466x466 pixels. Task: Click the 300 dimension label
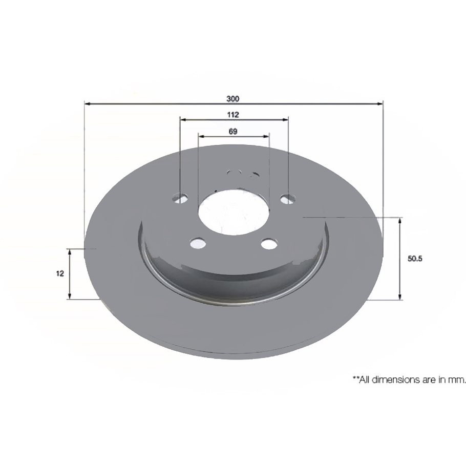(x=233, y=98)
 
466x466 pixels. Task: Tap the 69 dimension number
(x=233, y=132)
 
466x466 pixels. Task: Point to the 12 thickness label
(x=60, y=273)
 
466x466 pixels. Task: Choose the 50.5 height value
(x=414, y=259)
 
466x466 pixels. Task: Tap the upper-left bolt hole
(x=181, y=198)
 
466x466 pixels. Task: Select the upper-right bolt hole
(x=288, y=199)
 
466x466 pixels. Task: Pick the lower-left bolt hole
(x=198, y=244)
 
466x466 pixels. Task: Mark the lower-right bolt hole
(x=269, y=244)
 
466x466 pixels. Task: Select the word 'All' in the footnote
(x=364, y=379)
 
